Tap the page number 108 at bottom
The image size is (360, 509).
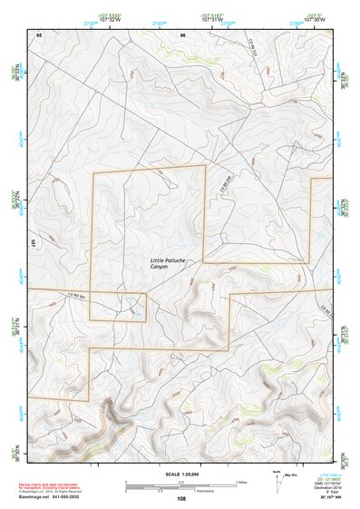coord(181,498)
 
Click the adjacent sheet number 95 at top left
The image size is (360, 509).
coord(39,34)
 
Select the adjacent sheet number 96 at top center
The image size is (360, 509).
coord(182,34)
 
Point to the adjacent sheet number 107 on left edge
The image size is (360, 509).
coord(32,245)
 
